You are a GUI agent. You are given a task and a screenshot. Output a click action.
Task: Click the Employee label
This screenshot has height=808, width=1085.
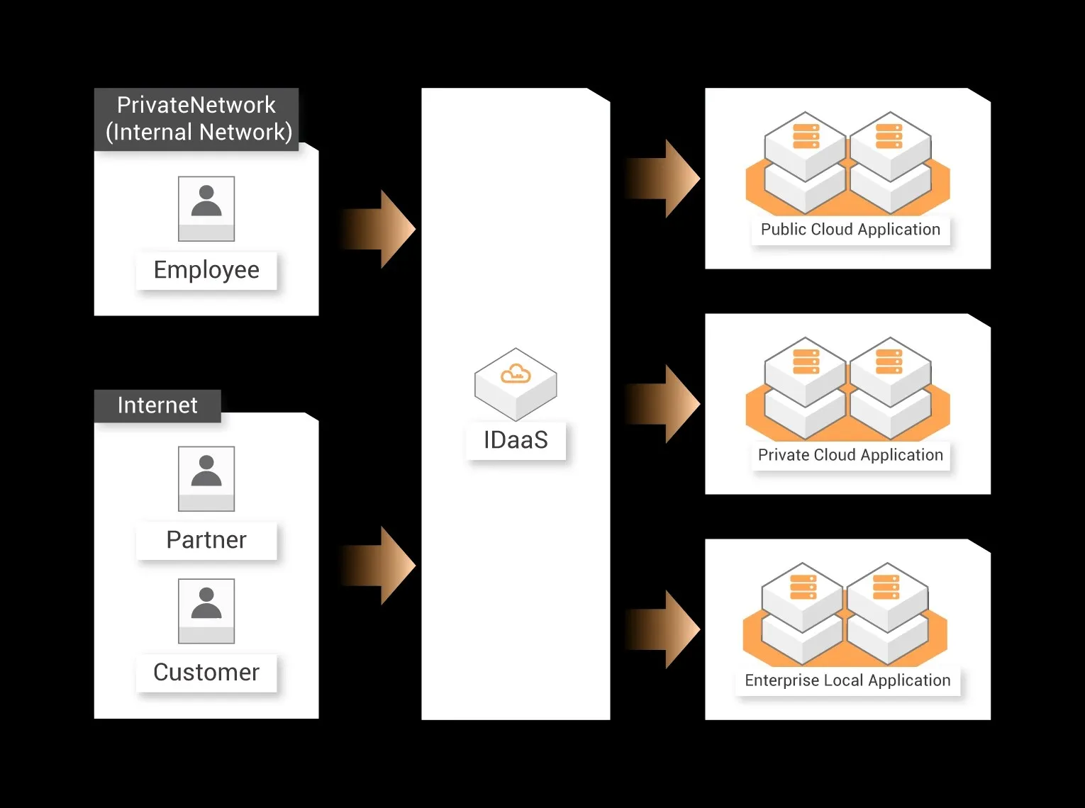(x=206, y=270)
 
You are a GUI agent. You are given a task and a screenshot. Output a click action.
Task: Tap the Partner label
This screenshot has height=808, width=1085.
(x=206, y=540)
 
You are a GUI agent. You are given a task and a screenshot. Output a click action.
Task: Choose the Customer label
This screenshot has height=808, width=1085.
(x=206, y=673)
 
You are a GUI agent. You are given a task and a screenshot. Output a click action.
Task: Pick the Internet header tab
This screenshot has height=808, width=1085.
(x=157, y=405)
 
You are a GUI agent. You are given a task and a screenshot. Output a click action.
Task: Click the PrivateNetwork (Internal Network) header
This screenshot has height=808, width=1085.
(x=196, y=119)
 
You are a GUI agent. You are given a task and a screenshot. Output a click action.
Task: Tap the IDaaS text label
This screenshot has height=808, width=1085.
(x=516, y=440)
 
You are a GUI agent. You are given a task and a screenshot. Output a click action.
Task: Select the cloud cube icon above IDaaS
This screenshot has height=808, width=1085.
(x=516, y=383)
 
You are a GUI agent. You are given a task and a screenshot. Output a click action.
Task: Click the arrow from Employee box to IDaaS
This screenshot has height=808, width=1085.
(x=379, y=229)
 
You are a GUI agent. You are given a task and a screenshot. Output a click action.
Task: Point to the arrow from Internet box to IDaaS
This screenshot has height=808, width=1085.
(x=379, y=566)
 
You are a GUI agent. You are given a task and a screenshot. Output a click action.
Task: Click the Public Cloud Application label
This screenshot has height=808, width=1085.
(x=850, y=230)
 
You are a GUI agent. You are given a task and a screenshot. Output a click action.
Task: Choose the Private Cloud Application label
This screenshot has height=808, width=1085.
(x=850, y=455)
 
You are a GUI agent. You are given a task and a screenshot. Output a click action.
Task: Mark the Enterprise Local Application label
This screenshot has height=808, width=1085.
(x=847, y=680)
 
